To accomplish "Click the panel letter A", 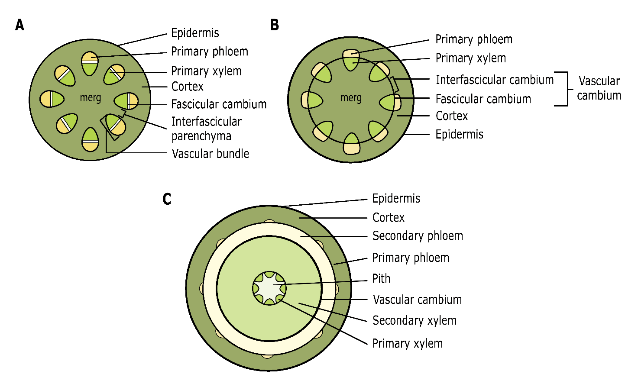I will (19, 25).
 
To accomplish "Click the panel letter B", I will (275, 25).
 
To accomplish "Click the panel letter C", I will (167, 199).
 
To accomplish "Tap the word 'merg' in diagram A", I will (90, 98).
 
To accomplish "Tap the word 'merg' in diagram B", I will (351, 98).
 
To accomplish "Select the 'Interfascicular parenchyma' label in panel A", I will (206, 129).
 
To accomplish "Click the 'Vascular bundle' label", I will (211, 154).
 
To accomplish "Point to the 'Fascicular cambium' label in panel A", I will (219, 104).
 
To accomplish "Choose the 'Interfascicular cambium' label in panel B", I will (495, 80).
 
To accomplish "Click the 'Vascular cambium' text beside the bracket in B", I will (599, 88).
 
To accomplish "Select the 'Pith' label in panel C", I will (381, 278).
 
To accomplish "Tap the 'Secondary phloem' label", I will (418, 236).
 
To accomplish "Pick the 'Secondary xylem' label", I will (415, 320).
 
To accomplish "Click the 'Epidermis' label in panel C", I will (396, 198).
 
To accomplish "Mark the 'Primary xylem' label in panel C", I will (408, 343).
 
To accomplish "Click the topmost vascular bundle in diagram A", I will (90, 63).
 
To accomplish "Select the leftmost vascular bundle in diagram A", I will (52, 99).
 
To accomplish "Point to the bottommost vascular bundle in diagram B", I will (351, 144).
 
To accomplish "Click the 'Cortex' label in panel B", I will (452, 116).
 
